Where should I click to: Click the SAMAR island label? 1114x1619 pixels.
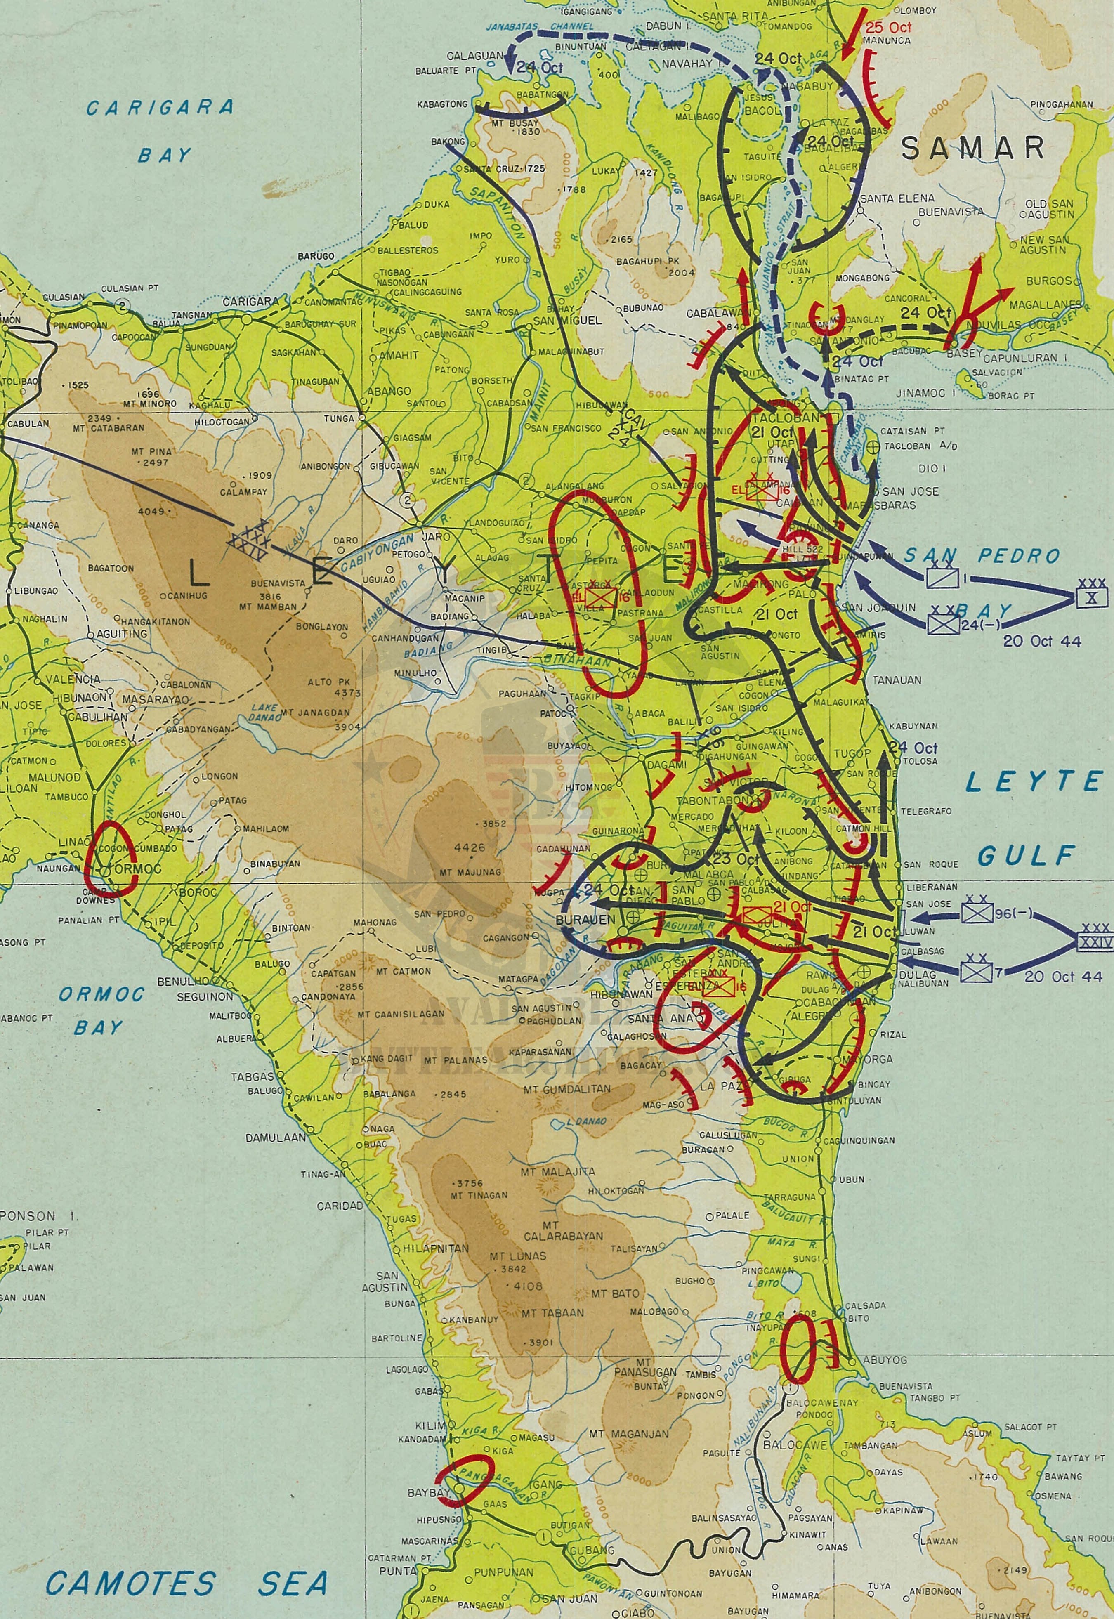(x=972, y=149)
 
